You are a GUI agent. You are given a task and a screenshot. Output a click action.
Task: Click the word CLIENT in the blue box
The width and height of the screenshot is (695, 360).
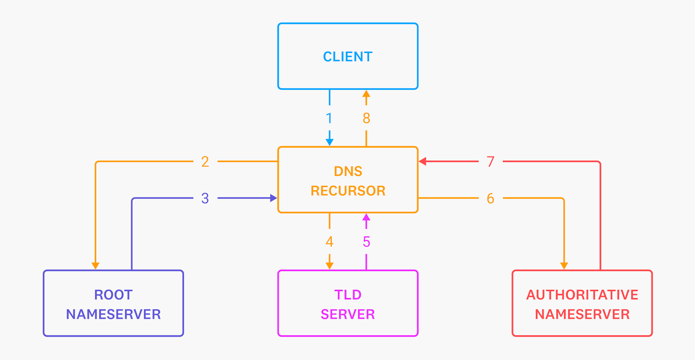click(x=347, y=57)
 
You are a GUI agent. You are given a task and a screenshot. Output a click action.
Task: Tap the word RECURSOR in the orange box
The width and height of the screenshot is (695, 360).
click(x=348, y=191)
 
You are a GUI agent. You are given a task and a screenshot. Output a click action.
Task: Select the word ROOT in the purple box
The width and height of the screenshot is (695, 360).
click(x=113, y=295)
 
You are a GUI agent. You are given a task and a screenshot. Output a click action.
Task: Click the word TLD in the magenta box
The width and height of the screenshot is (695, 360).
click(x=347, y=295)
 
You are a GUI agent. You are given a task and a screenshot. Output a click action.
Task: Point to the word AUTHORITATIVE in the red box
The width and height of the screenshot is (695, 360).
click(x=582, y=295)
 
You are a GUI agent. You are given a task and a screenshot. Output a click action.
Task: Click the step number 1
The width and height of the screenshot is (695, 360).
click(x=329, y=118)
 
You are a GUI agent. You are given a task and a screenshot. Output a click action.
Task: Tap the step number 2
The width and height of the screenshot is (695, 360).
click(x=205, y=162)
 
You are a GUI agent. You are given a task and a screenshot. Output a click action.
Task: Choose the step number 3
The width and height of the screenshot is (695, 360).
click(x=205, y=198)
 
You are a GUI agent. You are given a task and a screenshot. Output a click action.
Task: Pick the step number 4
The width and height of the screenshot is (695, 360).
click(x=329, y=242)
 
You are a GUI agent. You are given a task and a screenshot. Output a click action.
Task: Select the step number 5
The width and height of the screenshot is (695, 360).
click(x=366, y=242)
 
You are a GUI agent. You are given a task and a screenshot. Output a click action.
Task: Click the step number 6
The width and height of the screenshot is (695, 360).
click(x=490, y=198)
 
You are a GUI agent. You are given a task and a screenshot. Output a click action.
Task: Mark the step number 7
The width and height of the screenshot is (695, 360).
click(x=490, y=162)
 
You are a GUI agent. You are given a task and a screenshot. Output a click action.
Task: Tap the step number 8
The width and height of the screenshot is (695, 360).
click(x=366, y=118)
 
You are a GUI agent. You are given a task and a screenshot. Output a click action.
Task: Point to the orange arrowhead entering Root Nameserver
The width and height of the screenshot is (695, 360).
click(x=96, y=266)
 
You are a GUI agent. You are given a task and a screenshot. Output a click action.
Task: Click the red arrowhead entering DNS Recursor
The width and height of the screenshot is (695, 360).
click(x=423, y=162)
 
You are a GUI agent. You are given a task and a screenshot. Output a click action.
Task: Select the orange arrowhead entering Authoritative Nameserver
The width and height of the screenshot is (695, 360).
click(x=564, y=266)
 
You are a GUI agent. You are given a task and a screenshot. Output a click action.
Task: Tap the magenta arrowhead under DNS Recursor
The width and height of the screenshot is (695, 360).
click(x=366, y=217)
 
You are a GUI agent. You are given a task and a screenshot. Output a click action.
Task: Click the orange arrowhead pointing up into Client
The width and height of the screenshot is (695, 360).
click(x=366, y=94)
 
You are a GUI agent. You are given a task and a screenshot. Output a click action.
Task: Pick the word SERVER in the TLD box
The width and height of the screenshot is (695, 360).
click(x=347, y=314)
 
